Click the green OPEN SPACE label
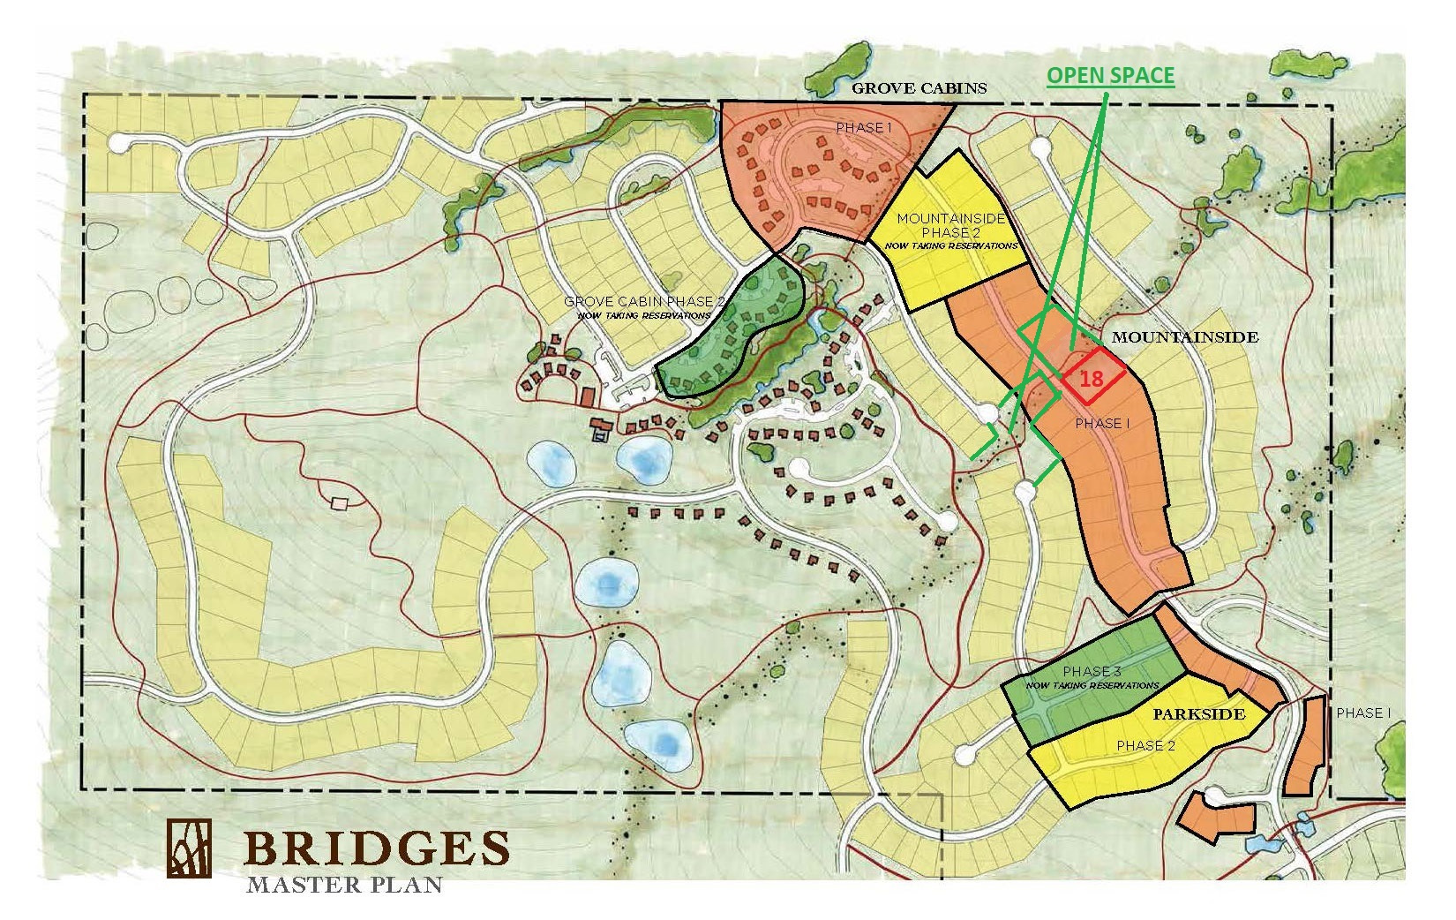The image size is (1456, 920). tap(1110, 76)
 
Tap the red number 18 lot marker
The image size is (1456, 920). tap(1092, 379)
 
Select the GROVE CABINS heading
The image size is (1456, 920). tap(918, 89)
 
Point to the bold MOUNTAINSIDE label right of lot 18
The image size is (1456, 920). tap(1184, 337)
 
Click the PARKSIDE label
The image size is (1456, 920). tap(1198, 713)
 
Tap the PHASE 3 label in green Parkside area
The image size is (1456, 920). tap(1092, 671)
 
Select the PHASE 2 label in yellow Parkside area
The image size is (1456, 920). tap(1145, 745)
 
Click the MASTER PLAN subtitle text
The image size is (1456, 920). tap(344, 884)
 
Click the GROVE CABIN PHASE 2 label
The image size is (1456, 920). tap(644, 301)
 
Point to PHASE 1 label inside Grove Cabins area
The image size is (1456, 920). tap(859, 128)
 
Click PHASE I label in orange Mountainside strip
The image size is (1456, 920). tap(1103, 424)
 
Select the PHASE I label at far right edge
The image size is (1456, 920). tap(1363, 713)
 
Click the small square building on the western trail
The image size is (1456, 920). tap(339, 503)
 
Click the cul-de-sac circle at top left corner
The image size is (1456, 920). tap(119, 142)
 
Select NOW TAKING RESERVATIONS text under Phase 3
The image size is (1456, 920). tap(1092, 685)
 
